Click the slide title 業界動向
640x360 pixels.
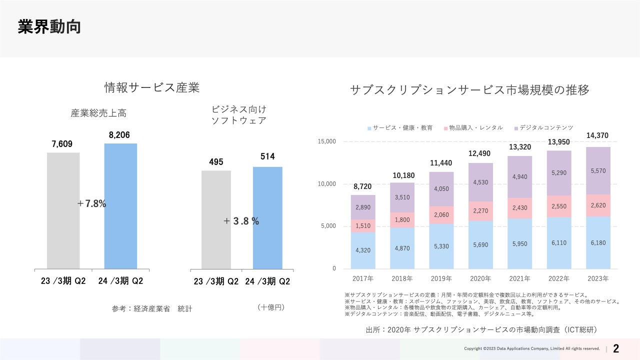(49, 27)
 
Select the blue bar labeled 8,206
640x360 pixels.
(120, 206)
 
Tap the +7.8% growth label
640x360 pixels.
(92, 204)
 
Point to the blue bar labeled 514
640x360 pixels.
(267, 217)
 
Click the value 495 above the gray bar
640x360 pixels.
(216, 162)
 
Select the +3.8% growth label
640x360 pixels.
(241, 221)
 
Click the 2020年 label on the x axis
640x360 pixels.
(480, 278)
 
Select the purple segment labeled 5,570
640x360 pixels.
(598, 170)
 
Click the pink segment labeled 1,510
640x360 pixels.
(363, 226)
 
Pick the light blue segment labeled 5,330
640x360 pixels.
(441, 246)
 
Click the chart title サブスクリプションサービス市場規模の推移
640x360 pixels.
(469, 90)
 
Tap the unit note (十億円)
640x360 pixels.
(270, 307)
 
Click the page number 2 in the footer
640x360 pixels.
(616, 348)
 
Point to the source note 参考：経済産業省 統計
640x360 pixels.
(151, 309)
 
